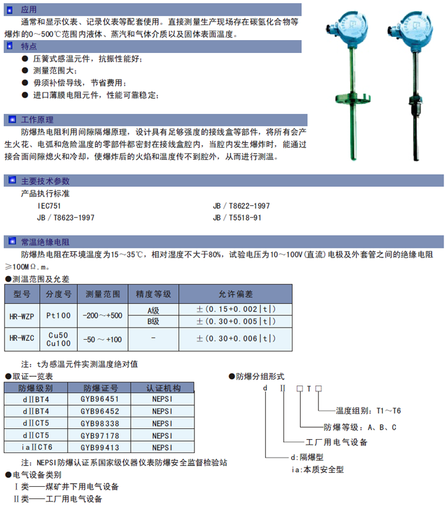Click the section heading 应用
29,10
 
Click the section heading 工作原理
38,119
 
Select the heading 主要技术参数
45,180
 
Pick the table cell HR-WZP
22,315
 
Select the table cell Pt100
59,315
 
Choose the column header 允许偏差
236,294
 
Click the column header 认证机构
162,387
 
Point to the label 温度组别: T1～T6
367,411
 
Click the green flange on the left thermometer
347,99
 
